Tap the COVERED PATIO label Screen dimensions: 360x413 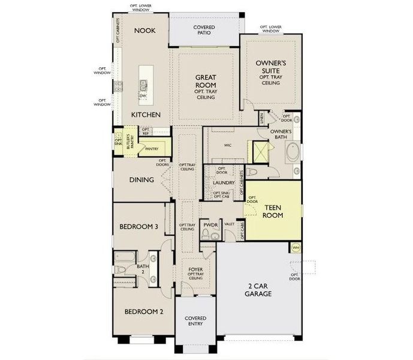(204, 31)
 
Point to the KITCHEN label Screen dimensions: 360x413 (146, 114)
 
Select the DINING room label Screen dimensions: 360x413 (143, 179)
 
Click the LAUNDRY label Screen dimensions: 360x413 (223, 182)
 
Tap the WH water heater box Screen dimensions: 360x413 (295, 247)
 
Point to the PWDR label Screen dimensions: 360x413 (209, 224)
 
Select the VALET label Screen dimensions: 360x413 (228, 224)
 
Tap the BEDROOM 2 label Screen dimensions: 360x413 (144, 311)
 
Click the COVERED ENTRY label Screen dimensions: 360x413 (195, 321)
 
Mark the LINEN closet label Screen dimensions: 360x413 (261, 118)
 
